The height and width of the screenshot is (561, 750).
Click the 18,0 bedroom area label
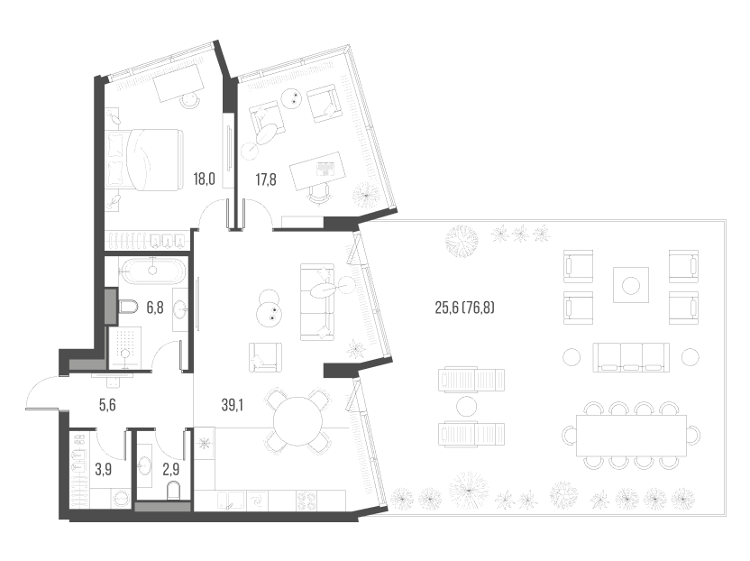tap(205, 179)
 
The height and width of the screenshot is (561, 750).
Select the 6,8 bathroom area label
tap(154, 308)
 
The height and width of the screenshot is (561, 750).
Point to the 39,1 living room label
tap(233, 406)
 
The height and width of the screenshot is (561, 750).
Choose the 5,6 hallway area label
tap(106, 405)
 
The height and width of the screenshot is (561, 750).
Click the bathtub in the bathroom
tap(152, 270)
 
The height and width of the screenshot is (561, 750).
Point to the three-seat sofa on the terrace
tap(630, 356)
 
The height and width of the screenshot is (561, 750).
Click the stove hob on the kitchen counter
tap(307, 499)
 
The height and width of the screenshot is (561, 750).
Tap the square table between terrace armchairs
tap(631, 286)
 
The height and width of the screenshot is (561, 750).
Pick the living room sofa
tap(316, 302)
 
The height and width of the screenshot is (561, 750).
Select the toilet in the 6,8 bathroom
tap(127, 308)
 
